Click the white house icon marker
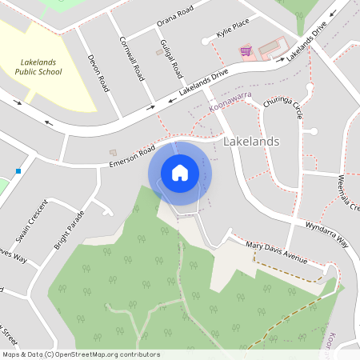click(180, 172)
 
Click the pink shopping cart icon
click(246, 51)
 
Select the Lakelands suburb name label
click(251, 142)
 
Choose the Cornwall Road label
click(131, 58)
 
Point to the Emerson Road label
click(132, 155)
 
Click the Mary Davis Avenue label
click(277, 252)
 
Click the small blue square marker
click(18, 170)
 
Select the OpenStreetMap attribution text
click(81, 354)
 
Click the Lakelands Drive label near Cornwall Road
click(204, 85)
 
